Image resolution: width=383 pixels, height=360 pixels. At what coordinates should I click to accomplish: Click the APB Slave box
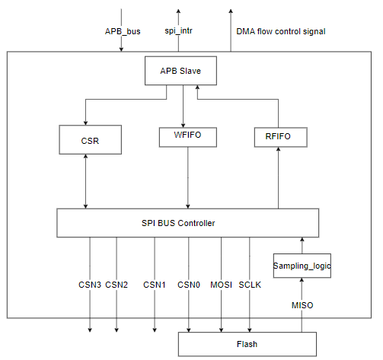(x=180, y=72)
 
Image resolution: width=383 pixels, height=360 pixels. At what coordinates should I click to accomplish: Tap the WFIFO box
(x=188, y=137)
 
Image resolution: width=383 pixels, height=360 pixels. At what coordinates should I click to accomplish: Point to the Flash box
(x=246, y=344)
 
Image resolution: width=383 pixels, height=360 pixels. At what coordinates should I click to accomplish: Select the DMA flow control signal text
(x=282, y=31)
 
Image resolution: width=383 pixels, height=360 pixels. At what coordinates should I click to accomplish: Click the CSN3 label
(x=91, y=285)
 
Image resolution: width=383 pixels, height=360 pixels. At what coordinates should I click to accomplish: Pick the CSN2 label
(x=116, y=285)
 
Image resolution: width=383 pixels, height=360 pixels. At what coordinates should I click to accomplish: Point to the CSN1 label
(x=154, y=285)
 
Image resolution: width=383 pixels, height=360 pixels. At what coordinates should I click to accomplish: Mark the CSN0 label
(x=190, y=285)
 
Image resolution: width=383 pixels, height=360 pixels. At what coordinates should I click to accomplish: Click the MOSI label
(x=221, y=285)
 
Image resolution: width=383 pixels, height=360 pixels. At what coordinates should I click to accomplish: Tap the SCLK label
(x=250, y=285)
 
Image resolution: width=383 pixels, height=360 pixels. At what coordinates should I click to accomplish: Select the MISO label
(x=302, y=305)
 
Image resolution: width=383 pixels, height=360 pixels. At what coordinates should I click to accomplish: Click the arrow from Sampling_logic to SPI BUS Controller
(x=302, y=244)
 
